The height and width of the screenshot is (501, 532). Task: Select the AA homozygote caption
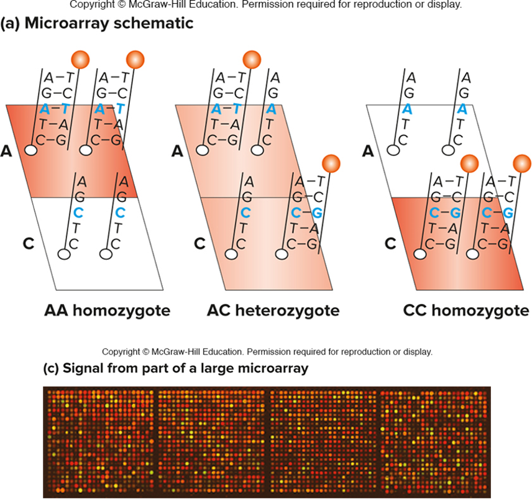(x=107, y=310)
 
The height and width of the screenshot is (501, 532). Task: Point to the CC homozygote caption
(x=465, y=310)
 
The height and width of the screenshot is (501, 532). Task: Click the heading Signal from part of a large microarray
(x=176, y=369)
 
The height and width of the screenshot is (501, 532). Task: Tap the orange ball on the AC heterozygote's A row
(x=251, y=60)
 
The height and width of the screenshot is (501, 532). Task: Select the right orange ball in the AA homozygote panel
(x=135, y=60)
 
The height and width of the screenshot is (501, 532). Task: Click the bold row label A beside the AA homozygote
(x=7, y=151)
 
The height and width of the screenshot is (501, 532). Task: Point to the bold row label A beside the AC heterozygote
(x=177, y=151)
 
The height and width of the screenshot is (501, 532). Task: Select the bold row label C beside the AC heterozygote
(x=199, y=243)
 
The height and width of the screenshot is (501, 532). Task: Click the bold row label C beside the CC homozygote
(x=390, y=243)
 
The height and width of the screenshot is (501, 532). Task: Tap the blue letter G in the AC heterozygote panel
(x=318, y=213)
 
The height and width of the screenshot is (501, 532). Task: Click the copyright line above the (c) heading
(x=267, y=352)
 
